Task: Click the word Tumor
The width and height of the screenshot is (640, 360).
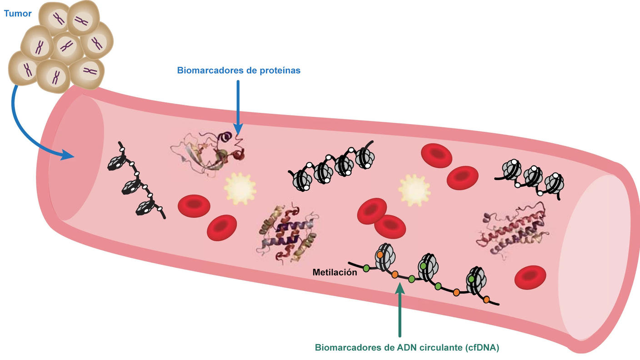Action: click(18, 14)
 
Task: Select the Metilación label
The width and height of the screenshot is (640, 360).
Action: click(335, 273)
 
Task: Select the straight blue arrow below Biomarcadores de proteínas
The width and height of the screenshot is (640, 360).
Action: click(238, 105)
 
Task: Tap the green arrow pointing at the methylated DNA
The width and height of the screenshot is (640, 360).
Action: click(400, 309)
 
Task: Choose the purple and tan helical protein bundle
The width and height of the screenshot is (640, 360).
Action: click(287, 232)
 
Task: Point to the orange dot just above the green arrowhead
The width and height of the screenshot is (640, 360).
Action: click(395, 275)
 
